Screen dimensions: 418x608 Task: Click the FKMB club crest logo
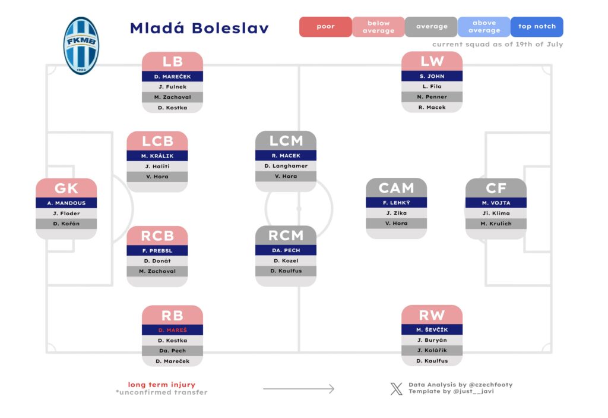click(x=81, y=46)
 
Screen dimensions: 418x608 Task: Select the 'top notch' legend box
click(x=537, y=27)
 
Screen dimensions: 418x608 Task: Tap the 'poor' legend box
click(x=325, y=27)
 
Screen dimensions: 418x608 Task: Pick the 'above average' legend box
click(x=484, y=27)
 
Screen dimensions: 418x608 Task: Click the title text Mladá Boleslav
click(x=199, y=28)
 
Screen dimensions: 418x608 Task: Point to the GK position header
click(x=66, y=188)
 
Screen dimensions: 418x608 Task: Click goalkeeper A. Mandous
click(x=66, y=203)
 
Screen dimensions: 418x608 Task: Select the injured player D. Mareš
click(x=172, y=330)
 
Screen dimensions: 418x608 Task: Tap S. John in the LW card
click(x=432, y=76)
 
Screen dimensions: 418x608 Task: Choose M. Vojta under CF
click(x=496, y=203)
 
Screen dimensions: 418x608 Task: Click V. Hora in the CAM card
click(x=396, y=224)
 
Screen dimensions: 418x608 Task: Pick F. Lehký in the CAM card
click(x=396, y=203)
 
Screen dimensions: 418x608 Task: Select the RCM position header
click(x=286, y=235)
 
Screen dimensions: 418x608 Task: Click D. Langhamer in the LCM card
click(x=286, y=166)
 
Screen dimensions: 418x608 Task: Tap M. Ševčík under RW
click(x=432, y=330)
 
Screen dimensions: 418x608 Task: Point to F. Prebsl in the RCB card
click(x=157, y=250)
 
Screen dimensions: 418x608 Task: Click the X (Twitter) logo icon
click(x=396, y=389)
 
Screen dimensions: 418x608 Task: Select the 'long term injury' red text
click(x=161, y=385)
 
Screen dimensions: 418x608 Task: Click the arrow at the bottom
click(x=299, y=389)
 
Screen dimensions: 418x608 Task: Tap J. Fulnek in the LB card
click(x=172, y=87)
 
